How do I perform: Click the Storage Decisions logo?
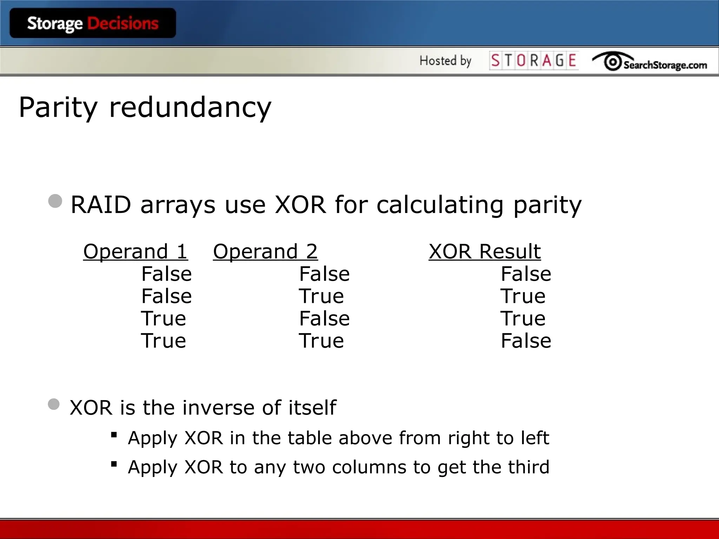pos(93,24)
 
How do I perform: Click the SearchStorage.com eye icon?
pos(613,62)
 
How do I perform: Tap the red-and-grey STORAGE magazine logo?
pos(534,61)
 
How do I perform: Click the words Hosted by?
pos(445,61)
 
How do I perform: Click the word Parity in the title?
pos(58,107)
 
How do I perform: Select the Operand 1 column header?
pos(136,252)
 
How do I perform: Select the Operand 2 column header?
pos(265,252)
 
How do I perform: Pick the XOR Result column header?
pos(484,252)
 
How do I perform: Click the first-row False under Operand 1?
pos(166,274)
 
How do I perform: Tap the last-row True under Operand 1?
pos(163,341)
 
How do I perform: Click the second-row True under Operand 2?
pos(321,296)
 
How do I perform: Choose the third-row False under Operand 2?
pos(324,319)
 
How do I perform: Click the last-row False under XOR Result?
pos(526,341)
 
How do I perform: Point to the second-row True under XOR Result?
pos(523,296)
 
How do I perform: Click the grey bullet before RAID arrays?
pos(55,201)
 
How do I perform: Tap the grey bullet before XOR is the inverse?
pos(54,404)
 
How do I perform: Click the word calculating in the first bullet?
pos(440,205)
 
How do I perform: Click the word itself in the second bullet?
pos(312,407)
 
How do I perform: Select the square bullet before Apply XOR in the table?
pos(114,435)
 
